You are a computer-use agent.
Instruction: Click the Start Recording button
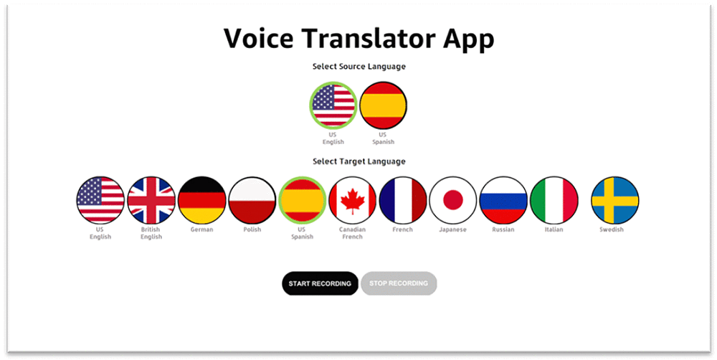(320, 283)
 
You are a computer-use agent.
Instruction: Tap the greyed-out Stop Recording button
(399, 283)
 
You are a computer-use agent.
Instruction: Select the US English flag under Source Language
(333, 105)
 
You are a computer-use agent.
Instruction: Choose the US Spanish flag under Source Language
(383, 105)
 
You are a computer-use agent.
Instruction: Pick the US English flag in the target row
(100, 200)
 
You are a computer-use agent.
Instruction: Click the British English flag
(151, 200)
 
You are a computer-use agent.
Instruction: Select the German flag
(201, 200)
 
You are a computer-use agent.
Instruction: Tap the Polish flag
(252, 200)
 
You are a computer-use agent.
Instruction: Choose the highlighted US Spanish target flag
(303, 200)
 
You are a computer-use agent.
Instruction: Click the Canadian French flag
(353, 200)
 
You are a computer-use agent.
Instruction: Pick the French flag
(403, 200)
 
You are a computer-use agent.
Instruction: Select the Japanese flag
(453, 200)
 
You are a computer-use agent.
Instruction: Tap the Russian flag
(503, 200)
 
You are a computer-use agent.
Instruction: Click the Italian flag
(554, 200)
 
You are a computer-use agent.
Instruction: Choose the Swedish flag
(615, 200)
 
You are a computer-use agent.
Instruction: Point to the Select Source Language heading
(359, 67)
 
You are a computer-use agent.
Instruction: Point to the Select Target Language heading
(359, 161)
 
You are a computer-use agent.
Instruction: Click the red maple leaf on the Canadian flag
(353, 202)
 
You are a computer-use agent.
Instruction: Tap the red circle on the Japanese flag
(453, 200)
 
